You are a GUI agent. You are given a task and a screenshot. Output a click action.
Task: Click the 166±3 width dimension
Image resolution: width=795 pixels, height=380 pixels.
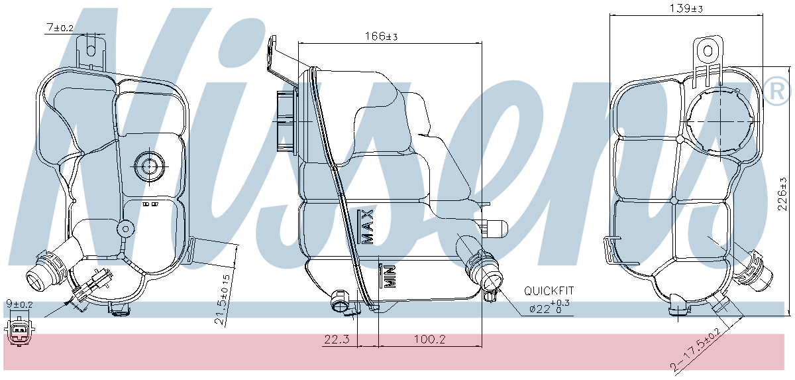tap(381, 36)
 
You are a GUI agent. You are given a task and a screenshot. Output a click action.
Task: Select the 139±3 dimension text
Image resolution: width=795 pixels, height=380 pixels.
tap(686, 9)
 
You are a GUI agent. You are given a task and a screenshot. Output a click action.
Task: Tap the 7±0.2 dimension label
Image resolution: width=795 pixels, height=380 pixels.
tap(60, 28)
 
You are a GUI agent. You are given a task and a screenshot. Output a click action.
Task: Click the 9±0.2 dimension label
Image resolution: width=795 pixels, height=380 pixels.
tap(19, 304)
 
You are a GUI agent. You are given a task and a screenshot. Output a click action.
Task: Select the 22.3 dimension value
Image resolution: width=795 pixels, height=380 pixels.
tap(337, 340)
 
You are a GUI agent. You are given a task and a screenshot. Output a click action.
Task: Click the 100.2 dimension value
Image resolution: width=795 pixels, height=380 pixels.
tap(429, 340)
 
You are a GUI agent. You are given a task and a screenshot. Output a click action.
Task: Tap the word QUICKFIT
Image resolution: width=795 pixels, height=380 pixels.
tap(549, 291)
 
